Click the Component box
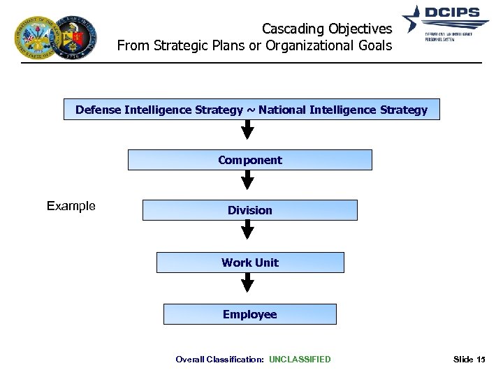point(249,160)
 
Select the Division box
point(249,210)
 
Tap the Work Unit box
point(249,263)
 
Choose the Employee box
point(249,314)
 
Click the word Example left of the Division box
point(71,206)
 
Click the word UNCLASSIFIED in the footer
point(300,360)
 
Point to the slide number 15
point(479,360)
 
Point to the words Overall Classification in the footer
point(219,360)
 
